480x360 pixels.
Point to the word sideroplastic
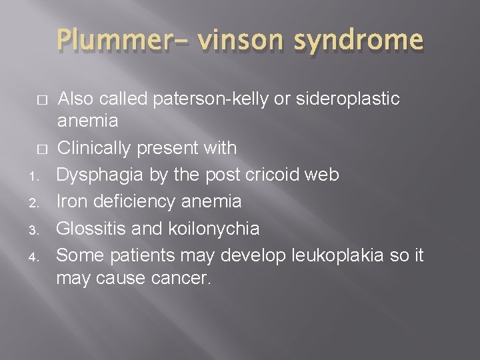[x=348, y=99]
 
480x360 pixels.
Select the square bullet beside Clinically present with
[x=41, y=149]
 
